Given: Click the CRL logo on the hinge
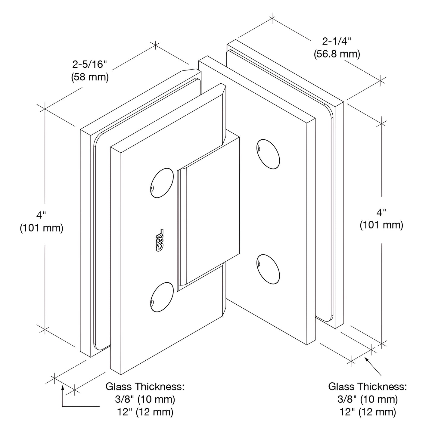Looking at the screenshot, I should [160, 240].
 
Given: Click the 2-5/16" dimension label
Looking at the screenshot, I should [90, 64].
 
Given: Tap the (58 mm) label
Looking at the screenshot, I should [90, 77].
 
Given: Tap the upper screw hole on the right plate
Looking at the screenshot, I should [269, 154].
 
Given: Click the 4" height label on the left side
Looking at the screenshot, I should [41, 215].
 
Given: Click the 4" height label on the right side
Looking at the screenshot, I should [381, 213].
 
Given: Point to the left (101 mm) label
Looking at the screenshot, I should [42, 228].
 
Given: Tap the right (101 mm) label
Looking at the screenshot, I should [381, 225].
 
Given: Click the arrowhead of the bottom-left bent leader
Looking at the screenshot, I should [63, 388].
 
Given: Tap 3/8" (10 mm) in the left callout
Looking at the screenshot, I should [145, 399].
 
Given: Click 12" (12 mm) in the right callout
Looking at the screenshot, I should [368, 412].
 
